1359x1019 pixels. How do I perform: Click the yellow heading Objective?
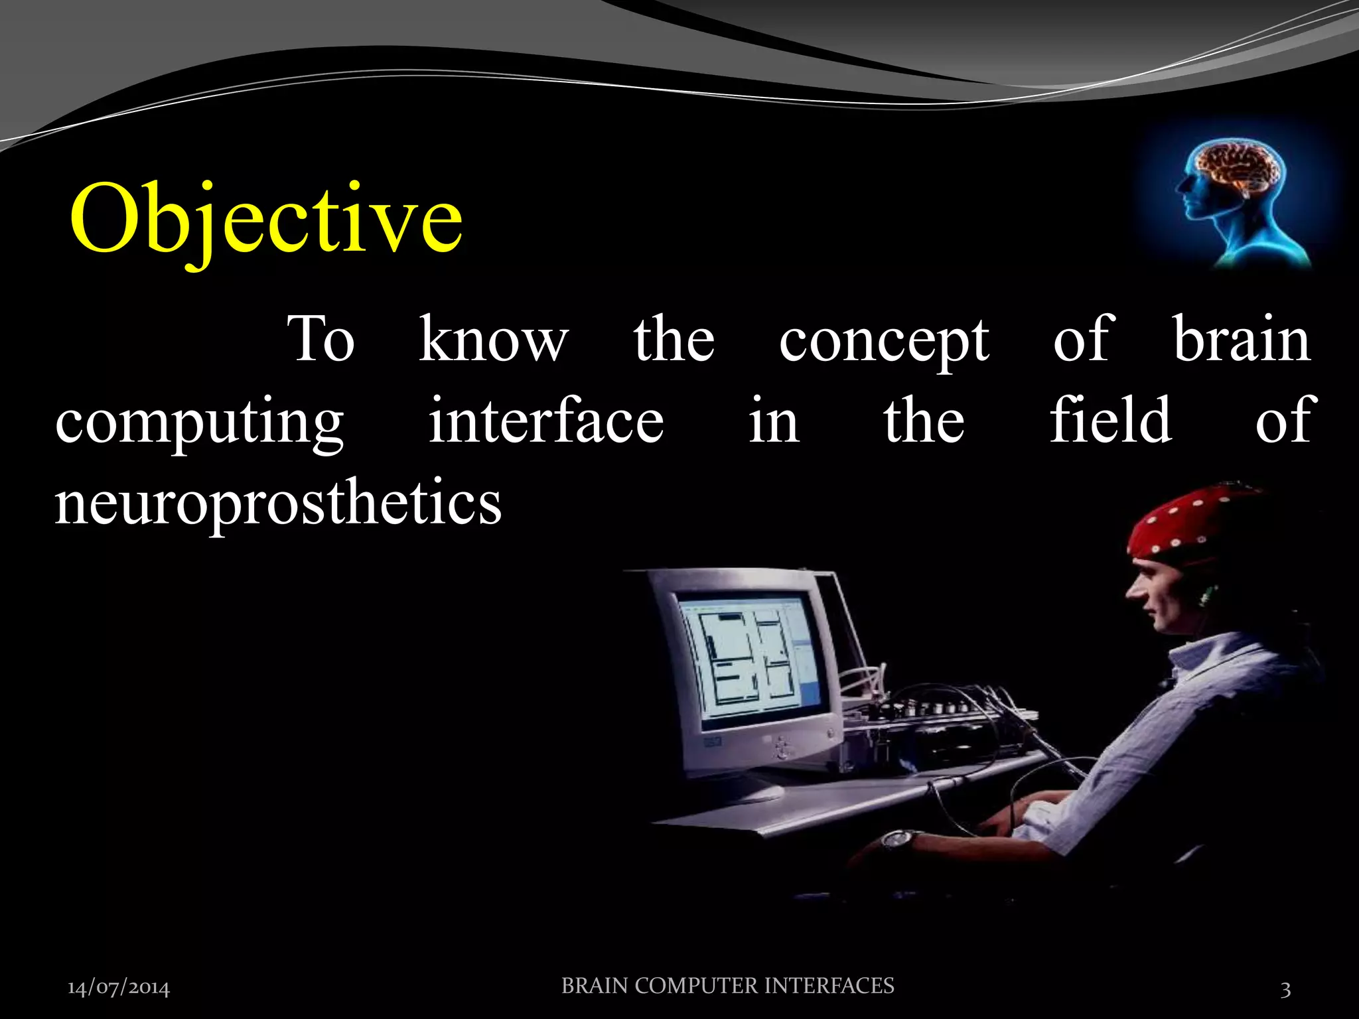265,219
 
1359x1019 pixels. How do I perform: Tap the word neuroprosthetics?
277,503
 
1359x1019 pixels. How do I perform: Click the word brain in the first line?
1242,340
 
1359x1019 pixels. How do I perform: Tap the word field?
1110,420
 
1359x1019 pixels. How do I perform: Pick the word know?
494,340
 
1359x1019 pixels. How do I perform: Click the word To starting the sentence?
321,340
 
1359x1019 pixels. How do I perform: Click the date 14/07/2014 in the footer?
119,988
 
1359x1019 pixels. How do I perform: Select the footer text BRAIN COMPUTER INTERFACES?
727,986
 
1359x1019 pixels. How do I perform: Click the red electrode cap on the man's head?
1188,524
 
